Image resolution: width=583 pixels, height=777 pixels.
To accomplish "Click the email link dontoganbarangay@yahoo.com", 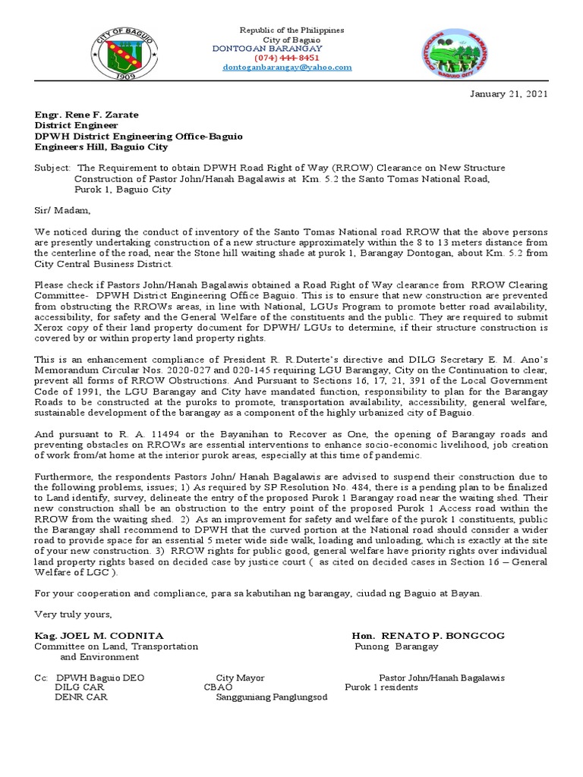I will coord(287,67).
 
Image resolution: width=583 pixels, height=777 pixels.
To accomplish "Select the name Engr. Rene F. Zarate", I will coord(87,115).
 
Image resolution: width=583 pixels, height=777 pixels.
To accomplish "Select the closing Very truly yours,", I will coord(73,614).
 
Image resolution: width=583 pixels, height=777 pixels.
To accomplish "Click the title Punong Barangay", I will coord(396,646).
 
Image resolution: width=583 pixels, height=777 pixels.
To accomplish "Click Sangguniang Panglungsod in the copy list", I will coord(272,697).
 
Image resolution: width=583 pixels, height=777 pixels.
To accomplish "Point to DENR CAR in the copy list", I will coord(81,697).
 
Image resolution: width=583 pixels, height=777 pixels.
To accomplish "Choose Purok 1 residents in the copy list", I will coord(381,687).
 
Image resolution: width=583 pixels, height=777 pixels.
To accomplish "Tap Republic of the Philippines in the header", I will coord(291,30).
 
